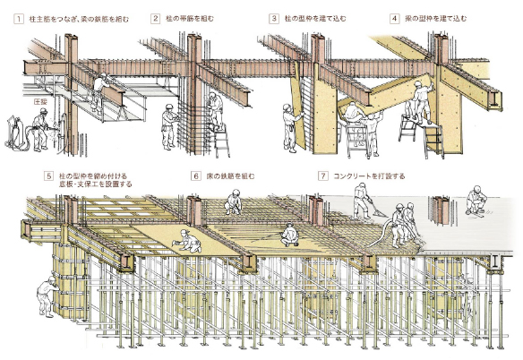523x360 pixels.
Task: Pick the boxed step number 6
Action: pyautogui.click(x=196, y=176)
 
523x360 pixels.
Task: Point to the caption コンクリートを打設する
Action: pyautogui.click(x=370, y=176)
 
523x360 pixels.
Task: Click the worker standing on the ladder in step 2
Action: pyautogui.click(x=216, y=107)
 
